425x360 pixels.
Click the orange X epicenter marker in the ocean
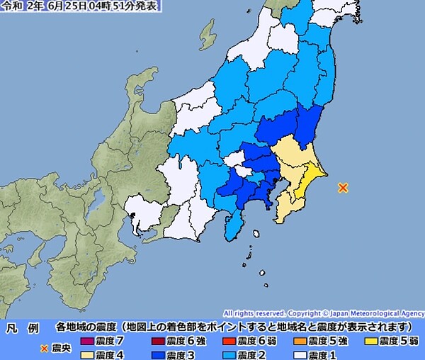pos(343,188)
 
